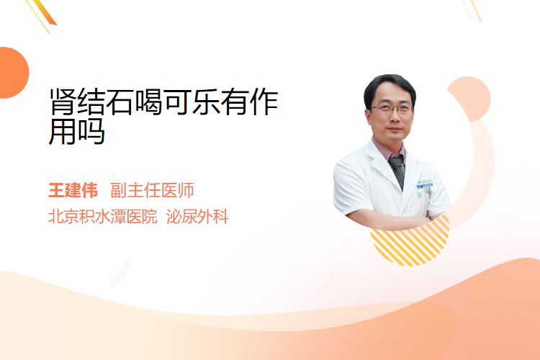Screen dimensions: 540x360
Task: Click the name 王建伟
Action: (73, 190)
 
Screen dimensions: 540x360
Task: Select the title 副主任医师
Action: (152, 190)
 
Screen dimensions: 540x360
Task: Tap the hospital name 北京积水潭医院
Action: (103, 217)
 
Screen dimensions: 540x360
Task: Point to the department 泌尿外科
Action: (197, 217)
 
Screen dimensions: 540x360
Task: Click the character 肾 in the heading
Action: (63, 102)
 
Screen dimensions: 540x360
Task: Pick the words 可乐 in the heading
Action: (192, 102)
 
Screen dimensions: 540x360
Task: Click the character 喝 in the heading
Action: (149, 102)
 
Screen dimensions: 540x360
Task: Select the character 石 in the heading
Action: (120, 102)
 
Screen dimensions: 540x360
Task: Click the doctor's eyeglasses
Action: (392, 109)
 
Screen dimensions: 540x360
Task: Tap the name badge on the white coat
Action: (425, 184)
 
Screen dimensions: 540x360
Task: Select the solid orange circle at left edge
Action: (13, 73)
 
